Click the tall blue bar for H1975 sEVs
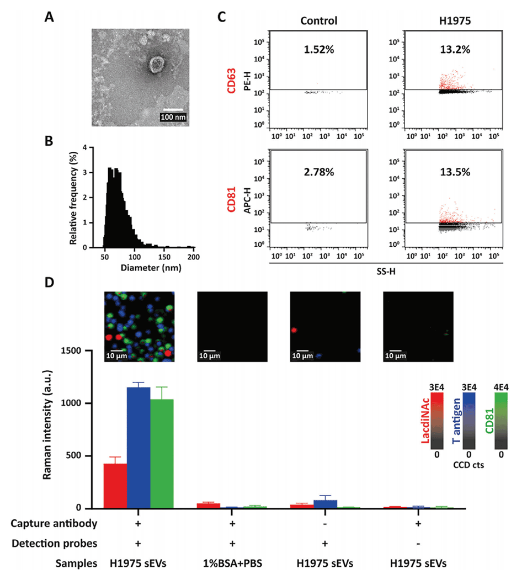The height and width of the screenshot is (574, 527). click(139, 447)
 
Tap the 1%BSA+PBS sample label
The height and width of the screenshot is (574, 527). click(232, 564)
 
